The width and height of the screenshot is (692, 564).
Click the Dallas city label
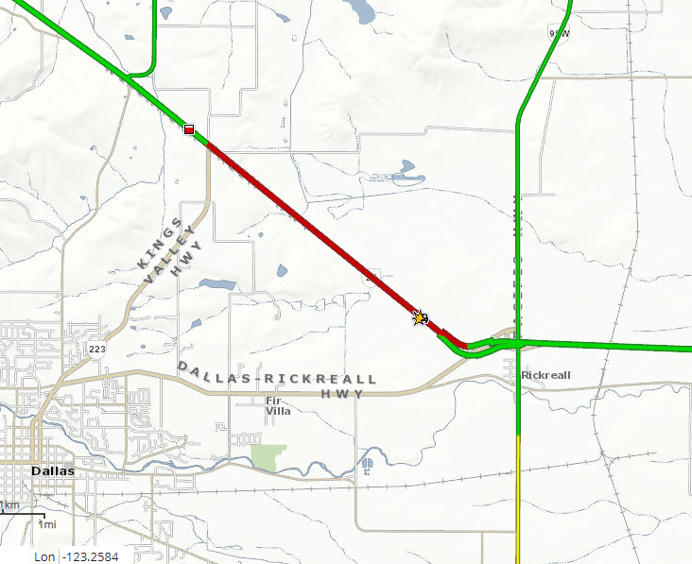[x=52, y=470]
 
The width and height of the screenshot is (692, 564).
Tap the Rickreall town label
[x=547, y=375]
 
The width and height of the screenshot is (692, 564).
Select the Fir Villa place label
[x=278, y=405]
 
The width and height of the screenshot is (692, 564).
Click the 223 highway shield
[x=96, y=349]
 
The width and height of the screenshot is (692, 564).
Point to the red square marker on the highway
[x=189, y=128]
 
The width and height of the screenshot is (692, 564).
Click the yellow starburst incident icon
[x=419, y=318]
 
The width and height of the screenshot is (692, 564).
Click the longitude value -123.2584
[x=90, y=556]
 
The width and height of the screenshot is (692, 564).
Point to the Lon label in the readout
[x=44, y=556]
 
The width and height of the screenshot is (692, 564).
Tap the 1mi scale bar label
[x=46, y=523]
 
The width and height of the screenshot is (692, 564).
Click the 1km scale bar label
[x=9, y=505]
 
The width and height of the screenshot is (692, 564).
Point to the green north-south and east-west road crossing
[x=518, y=343]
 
